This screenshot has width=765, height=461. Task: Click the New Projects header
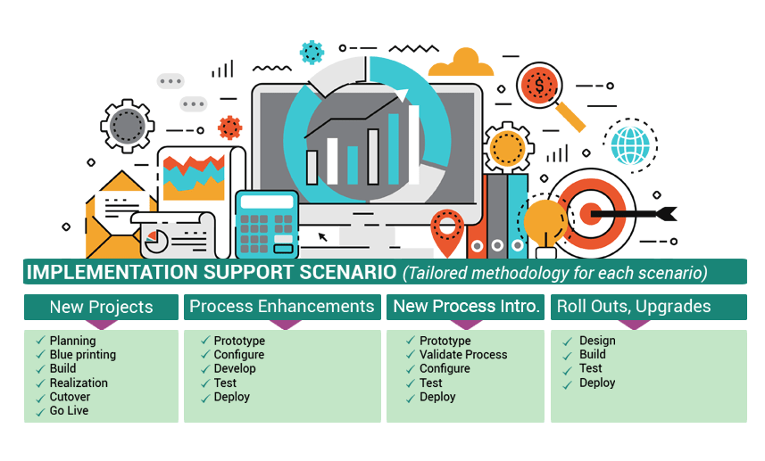tap(101, 307)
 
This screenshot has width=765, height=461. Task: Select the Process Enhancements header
tap(282, 307)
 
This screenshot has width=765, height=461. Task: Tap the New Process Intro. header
tap(465, 307)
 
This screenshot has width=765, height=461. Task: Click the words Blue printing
tap(83, 355)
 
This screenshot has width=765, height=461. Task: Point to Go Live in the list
tap(70, 411)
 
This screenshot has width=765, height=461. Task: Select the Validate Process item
tap(463, 355)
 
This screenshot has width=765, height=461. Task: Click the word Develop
tap(235, 369)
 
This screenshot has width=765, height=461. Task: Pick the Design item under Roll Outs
tap(597, 341)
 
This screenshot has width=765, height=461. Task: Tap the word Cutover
tap(70, 397)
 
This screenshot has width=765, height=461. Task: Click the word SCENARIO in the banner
tap(348, 272)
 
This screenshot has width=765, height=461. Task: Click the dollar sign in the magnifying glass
tap(538, 86)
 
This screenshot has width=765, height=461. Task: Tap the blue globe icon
tap(630, 145)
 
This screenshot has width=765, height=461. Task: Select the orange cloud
tap(461, 62)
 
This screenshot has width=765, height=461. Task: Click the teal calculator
tap(267, 224)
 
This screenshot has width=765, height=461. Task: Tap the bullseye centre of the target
tap(590, 214)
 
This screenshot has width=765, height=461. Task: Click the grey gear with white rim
tap(128, 127)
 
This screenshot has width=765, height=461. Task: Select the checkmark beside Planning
tap(40, 341)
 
